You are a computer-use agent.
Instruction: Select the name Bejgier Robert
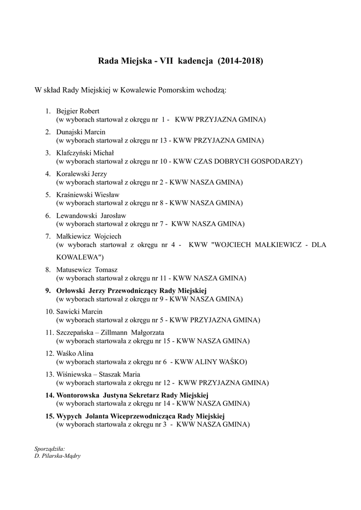coord(78,111)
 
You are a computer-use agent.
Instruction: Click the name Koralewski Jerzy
coord(81,174)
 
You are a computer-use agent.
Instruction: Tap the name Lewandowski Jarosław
coord(91,216)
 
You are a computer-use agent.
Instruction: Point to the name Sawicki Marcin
coord(79,311)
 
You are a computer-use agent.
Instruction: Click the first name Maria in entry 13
coord(130,374)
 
